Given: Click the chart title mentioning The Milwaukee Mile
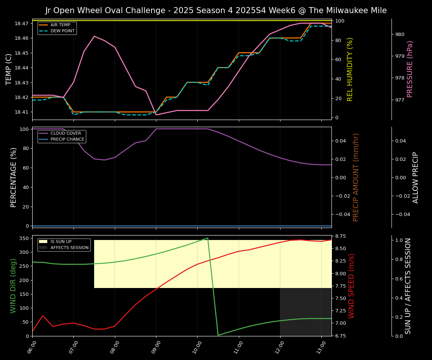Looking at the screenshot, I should point(216,10).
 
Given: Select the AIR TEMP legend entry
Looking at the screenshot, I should point(60,25).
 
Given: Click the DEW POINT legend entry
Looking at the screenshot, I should point(62,31).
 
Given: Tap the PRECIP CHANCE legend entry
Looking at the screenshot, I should point(67,139).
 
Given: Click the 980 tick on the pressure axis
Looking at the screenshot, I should point(400,34).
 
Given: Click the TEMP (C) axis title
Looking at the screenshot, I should point(9,69).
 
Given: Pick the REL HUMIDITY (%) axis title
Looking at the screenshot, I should point(350,69).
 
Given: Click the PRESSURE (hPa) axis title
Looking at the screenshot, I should point(410,69).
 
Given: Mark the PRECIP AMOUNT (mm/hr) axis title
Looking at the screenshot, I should point(356,177).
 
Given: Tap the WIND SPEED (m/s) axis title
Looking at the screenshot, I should point(351,286).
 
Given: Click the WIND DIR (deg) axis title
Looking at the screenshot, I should point(13,286).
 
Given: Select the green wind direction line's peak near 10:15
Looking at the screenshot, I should point(207,238).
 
